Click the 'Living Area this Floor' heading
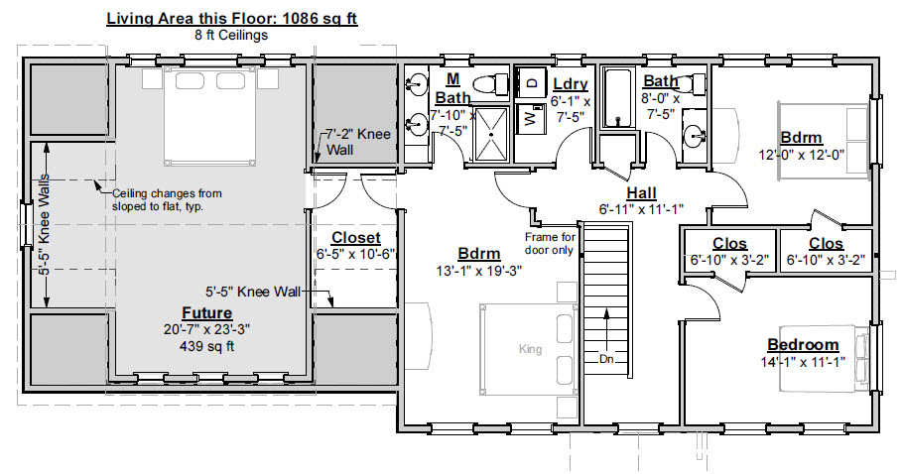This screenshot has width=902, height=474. click(x=232, y=19)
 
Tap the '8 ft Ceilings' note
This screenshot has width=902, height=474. click(x=231, y=35)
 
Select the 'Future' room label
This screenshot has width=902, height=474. click(x=207, y=313)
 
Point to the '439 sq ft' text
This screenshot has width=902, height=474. click(x=207, y=346)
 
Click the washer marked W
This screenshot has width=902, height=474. click(x=531, y=119)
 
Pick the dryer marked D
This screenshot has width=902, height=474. click(x=531, y=82)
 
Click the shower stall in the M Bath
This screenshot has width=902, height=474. click(x=491, y=134)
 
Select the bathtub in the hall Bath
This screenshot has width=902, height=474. click(x=618, y=97)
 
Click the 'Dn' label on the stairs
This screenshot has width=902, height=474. click(x=606, y=360)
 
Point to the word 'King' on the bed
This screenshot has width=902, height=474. click(x=530, y=349)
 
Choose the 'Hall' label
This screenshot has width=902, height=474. click(x=641, y=193)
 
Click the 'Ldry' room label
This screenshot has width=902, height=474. click(x=571, y=84)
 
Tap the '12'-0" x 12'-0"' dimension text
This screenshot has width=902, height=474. click(x=802, y=154)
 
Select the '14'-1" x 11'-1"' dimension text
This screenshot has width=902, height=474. click(x=803, y=361)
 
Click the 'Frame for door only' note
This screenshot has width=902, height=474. click(x=550, y=244)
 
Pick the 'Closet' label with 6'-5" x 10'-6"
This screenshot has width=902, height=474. click(x=356, y=238)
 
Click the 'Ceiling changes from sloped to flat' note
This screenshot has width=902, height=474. click(x=167, y=200)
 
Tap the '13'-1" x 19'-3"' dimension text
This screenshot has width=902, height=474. click(x=479, y=271)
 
